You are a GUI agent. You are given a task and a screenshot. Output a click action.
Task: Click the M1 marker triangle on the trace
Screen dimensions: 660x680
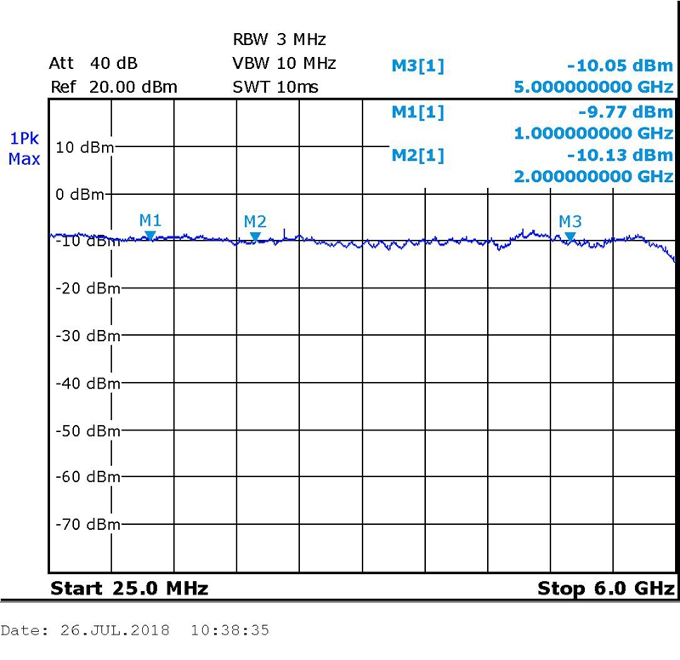point(150,235)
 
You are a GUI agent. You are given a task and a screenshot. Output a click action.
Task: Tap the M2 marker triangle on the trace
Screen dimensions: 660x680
point(255,236)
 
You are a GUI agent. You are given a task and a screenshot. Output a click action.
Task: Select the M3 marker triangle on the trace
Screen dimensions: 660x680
point(570,236)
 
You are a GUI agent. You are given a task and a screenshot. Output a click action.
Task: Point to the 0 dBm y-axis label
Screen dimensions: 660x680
point(80,194)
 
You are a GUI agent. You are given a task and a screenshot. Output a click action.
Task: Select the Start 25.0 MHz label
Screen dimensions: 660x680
point(129,589)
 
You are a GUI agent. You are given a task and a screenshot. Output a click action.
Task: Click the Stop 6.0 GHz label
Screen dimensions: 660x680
point(606,589)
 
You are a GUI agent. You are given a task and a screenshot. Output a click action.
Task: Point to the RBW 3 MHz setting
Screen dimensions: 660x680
point(280,40)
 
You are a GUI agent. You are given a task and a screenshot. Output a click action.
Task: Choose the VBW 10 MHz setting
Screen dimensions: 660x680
point(284,64)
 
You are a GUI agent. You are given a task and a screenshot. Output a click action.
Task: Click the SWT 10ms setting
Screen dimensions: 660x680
point(275,87)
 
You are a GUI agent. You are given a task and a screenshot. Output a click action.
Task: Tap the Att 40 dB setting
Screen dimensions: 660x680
point(93,64)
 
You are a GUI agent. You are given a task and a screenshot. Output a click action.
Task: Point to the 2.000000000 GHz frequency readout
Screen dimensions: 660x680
point(594,176)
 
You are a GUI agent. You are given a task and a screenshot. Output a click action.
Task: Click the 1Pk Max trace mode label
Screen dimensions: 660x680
point(24,149)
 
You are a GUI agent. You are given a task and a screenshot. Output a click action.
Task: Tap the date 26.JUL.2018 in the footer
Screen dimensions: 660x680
point(115,631)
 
